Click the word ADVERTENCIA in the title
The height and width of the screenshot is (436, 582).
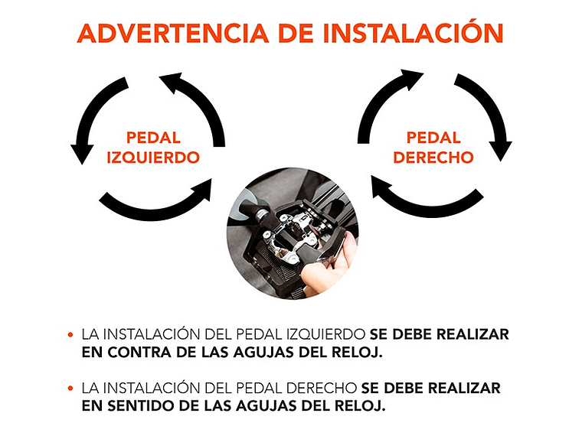point(173,34)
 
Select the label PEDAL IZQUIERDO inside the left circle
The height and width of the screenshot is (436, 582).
point(153,148)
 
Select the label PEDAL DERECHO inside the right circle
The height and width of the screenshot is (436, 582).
point(433,148)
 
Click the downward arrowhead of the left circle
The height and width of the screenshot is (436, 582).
point(82,153)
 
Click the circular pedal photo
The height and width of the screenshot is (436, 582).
point(292,236)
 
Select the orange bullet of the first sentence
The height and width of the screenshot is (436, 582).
point(70,335)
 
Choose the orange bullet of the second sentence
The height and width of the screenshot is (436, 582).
point(70,389)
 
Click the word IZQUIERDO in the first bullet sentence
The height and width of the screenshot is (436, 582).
point(326,334)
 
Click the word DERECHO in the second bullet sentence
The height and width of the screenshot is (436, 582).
point(322,388)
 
